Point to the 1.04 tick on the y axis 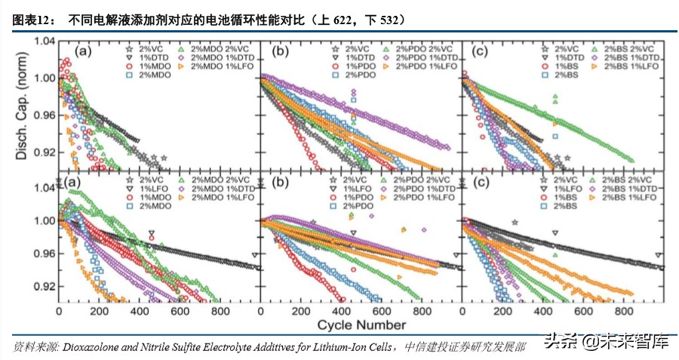[45, 41]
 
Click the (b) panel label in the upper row [280, 51]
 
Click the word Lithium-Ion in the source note [355, 346]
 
